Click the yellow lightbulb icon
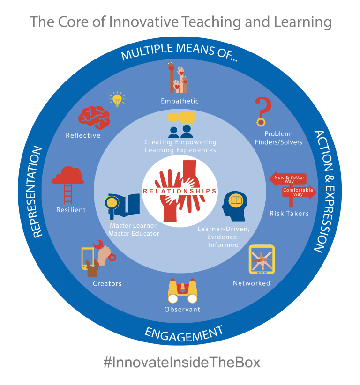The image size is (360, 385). [117, 99]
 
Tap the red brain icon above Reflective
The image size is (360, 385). [94, 117]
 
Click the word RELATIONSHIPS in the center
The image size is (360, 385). [180, 191]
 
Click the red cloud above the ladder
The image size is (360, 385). [68, 175]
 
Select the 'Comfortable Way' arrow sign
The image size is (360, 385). [299, 192]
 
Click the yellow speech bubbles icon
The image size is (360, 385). [181, 117]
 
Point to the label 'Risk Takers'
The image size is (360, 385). [289, 214]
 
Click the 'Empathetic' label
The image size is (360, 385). [180, 101]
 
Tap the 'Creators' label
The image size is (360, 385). [107, 283]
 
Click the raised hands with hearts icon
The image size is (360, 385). [178, 79]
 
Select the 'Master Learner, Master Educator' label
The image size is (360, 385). [134, 230]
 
